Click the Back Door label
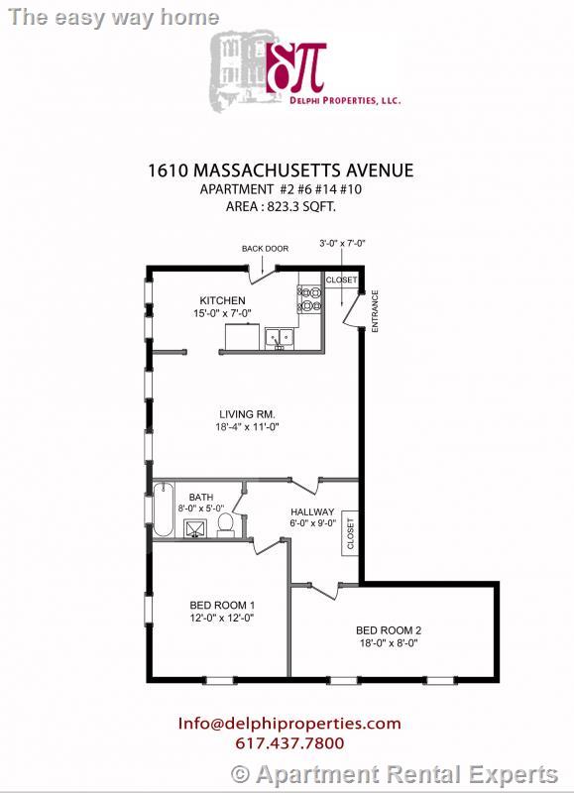coord(265,249)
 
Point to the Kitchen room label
coord(222,300)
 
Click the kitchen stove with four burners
coord(308,298)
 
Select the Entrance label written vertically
coord(375,311)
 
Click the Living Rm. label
coord(247,414)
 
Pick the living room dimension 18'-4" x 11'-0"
coord(249,427)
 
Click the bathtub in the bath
coord(162,509)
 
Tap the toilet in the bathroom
coord(226,523)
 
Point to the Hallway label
coord(312,511)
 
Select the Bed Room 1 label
coord(222,605)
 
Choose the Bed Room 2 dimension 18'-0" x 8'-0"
coord(390,642)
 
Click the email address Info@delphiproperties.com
coord(289,724)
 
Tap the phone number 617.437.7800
coord(289,743)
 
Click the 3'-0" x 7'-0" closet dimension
coord(343,243)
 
